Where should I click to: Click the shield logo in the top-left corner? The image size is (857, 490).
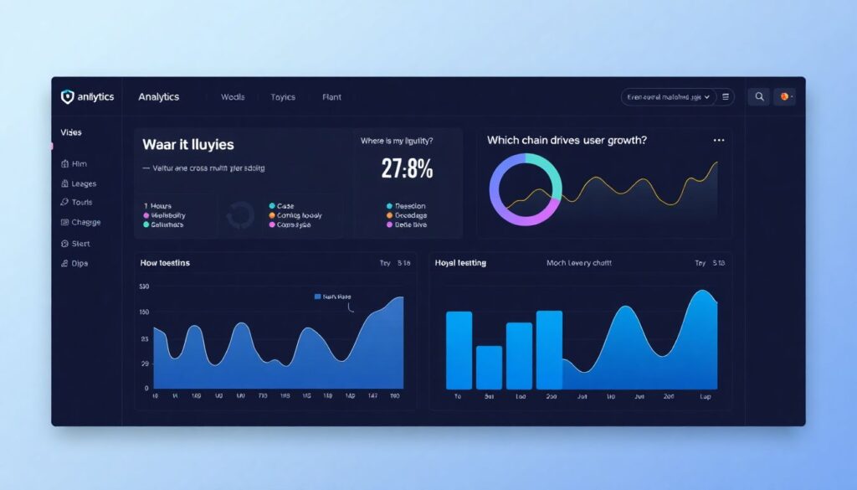point(68,97)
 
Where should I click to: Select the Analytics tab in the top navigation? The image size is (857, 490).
point(159,97)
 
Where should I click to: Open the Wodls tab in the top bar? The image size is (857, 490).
point(233,97)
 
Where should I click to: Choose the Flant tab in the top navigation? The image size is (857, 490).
point(331,97)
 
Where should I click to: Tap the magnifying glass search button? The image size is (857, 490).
point(759,97)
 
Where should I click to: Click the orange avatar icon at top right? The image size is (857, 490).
point(784,97)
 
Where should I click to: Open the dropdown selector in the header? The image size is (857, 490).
point(670,97)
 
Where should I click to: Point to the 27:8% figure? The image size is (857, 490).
point(407,169)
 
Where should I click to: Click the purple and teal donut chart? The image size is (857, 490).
point(525,189)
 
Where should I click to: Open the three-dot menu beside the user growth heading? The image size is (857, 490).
point(718,141)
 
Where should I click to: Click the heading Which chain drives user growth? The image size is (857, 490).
point(567,141)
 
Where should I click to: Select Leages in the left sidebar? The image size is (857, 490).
point(83,183)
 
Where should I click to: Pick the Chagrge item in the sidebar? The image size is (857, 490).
point(85,223)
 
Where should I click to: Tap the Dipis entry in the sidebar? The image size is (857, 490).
point(80,264)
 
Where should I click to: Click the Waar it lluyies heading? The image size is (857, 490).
point(188,145)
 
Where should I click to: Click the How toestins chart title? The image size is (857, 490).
point(165,263)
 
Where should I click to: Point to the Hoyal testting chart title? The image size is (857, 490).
point(460,263)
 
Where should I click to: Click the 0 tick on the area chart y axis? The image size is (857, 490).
point(146,389)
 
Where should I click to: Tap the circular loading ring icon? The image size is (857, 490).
point(240,216)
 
